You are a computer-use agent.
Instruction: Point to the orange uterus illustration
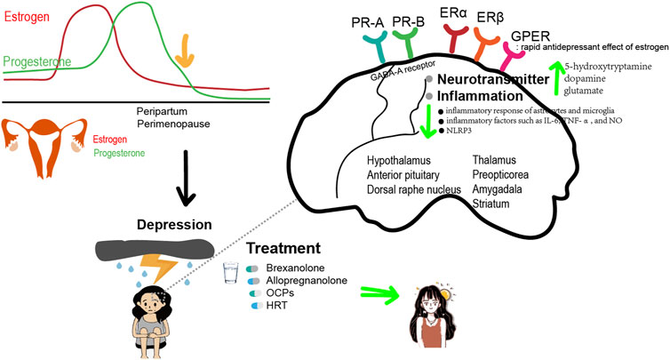tap(35, 143)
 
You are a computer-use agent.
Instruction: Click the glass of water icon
tap(229, 274)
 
